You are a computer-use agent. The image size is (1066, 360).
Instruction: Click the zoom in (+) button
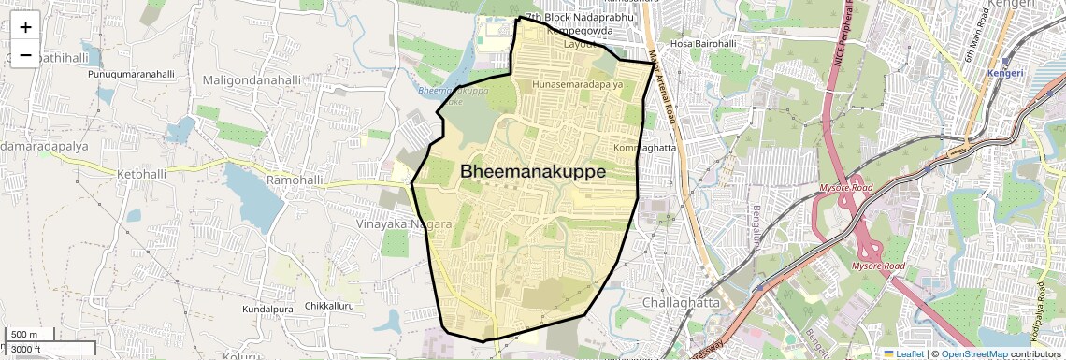pos(25,27)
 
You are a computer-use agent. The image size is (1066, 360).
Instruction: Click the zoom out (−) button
pos(25,55)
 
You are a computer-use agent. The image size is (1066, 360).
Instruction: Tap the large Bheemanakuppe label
pos(532,172)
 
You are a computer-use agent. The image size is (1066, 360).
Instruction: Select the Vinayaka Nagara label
pos(404,225)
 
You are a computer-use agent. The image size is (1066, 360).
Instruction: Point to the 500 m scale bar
pos(30,335)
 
